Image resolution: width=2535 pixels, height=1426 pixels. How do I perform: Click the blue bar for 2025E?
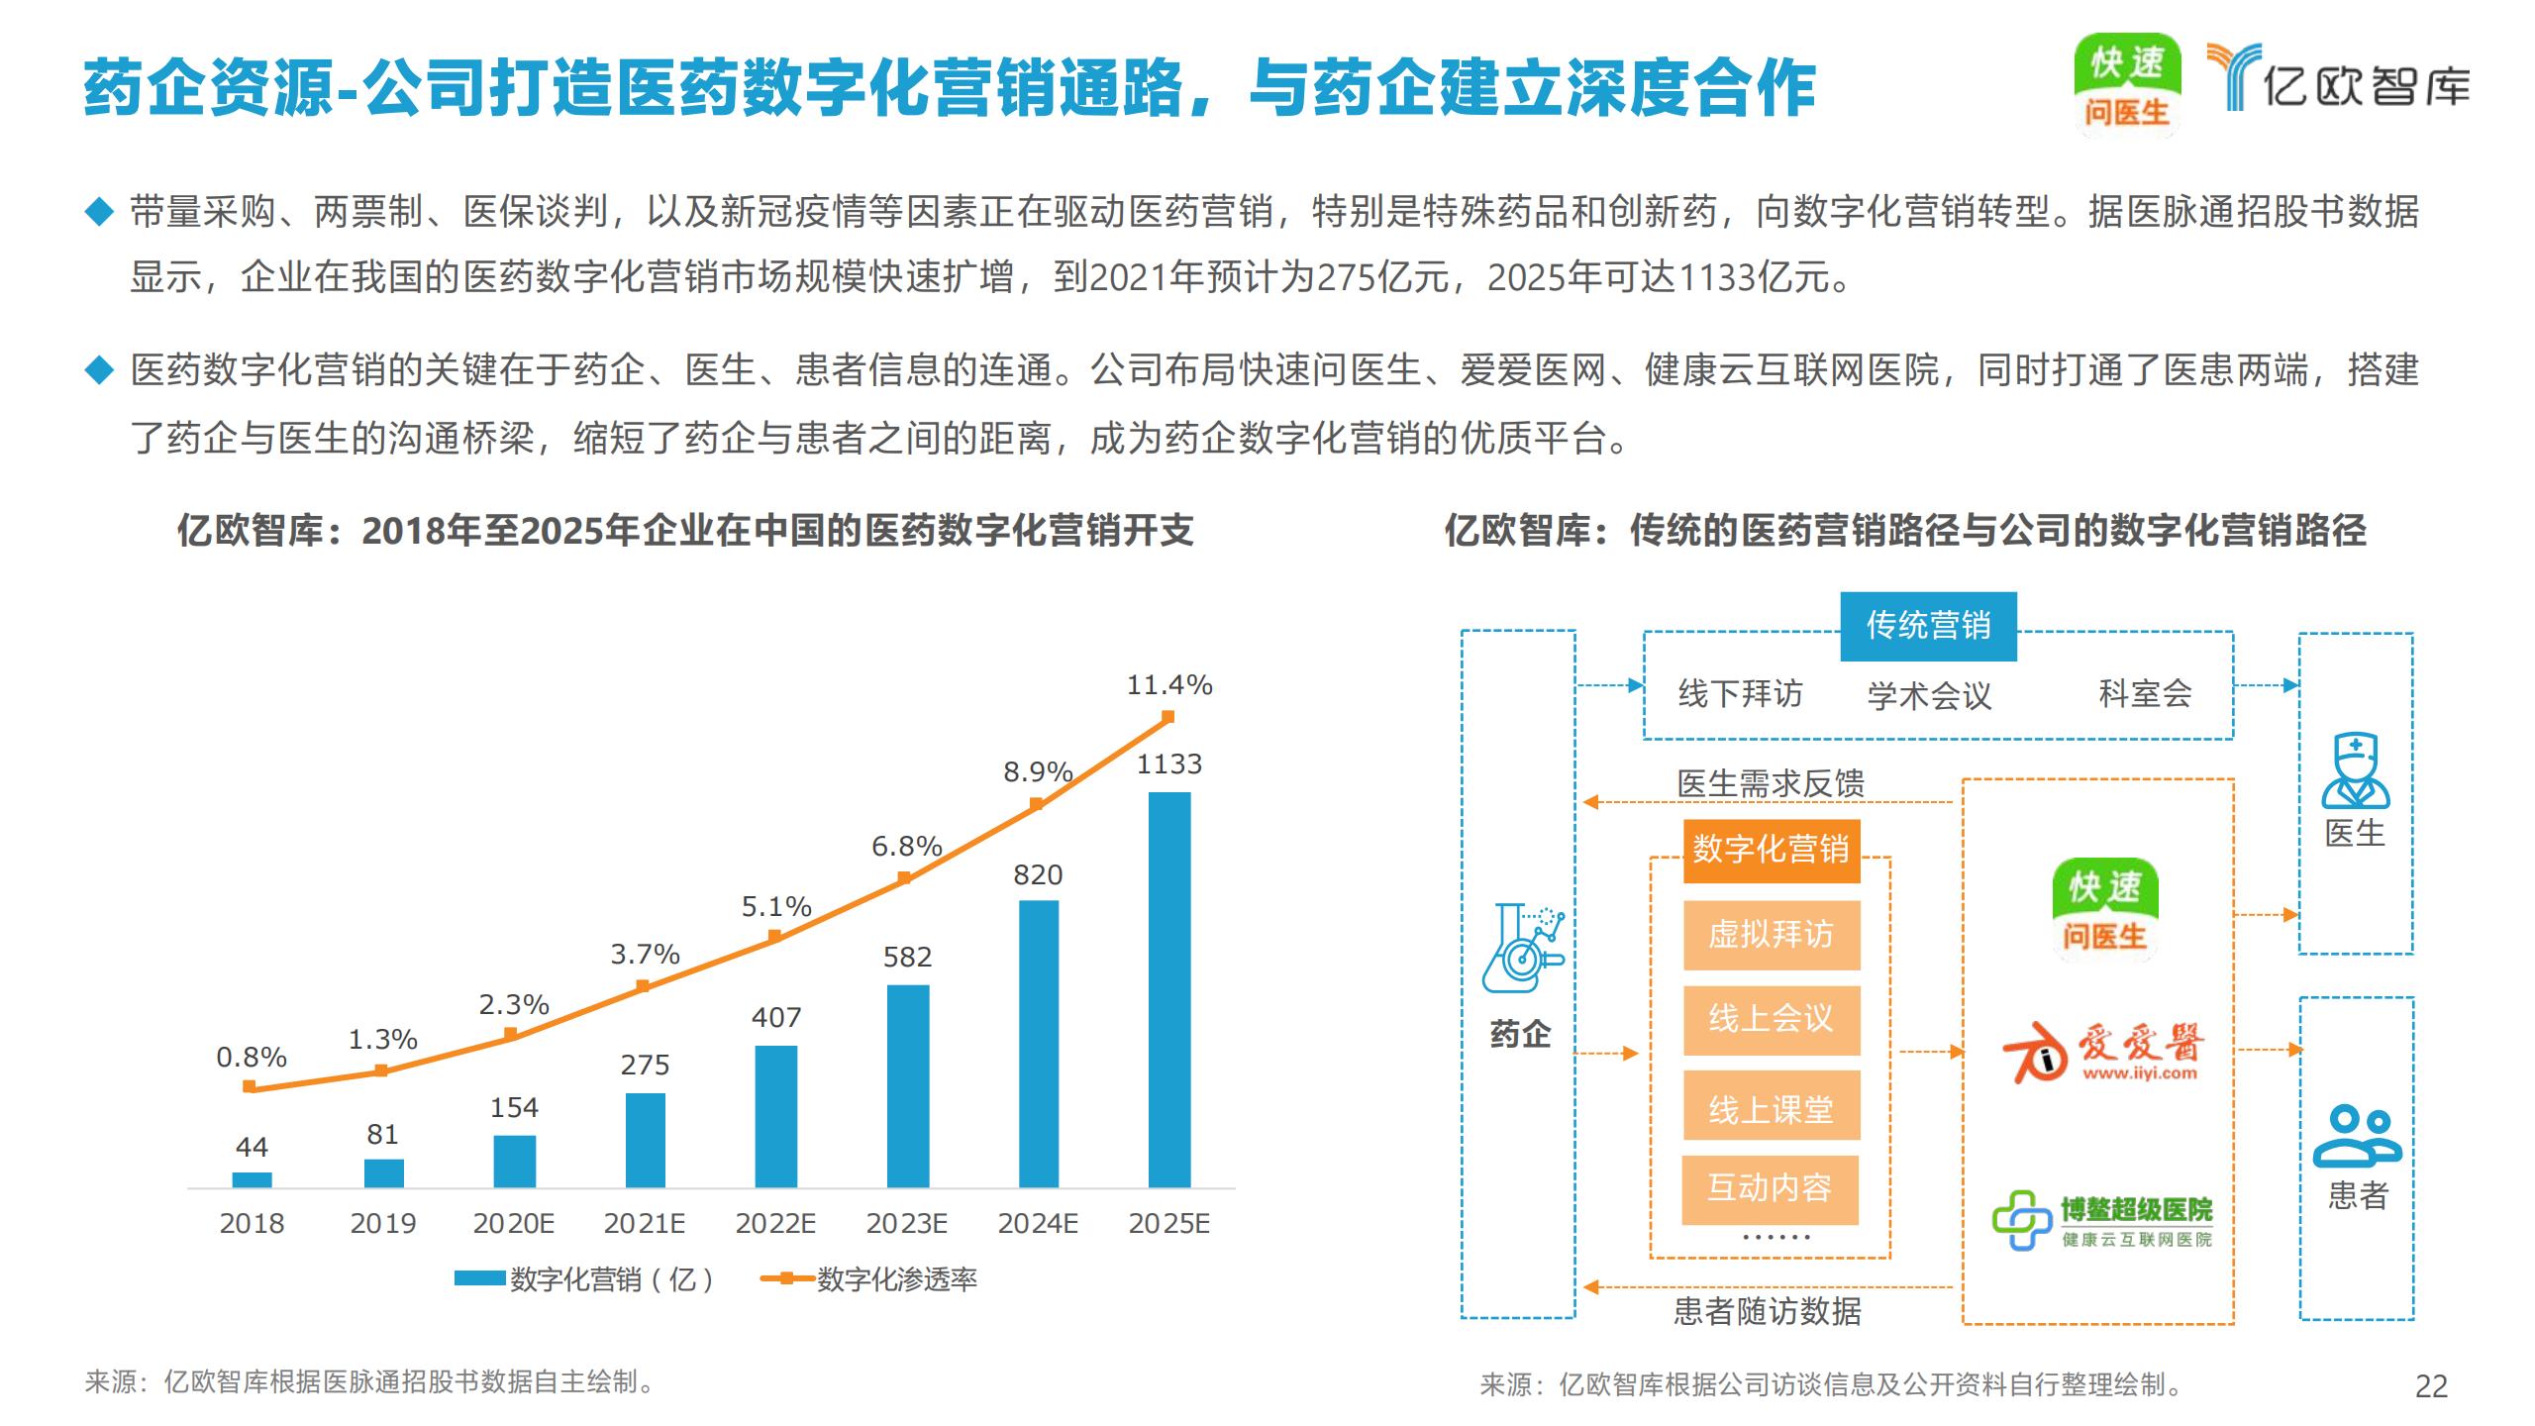click(x=1168, y=989)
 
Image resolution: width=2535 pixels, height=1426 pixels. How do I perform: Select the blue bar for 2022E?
click(x=775, y=1116)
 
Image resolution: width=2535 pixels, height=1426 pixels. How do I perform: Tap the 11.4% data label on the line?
click(x=1168, y=684)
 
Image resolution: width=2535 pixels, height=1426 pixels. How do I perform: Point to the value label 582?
click(x=907, y=957)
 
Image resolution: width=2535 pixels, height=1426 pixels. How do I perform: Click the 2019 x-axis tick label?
click(x=382, y=1224)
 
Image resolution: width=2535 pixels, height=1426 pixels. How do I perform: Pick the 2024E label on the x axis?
click(x=1038, y=1224)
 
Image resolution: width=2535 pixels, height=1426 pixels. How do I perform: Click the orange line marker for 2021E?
click(x=643, y=986)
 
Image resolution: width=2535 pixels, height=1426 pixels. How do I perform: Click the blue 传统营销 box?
click(x=1928, y=626)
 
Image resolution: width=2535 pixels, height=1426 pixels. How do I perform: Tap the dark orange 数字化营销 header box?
click(x=1771, y=850)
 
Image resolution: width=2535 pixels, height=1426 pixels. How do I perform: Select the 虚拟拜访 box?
click(x=1771, y=935)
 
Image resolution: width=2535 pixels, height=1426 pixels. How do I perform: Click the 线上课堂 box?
click(x=1771, y=1106)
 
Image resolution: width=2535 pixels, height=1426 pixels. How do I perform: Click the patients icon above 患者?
click(x=2357, y=1137)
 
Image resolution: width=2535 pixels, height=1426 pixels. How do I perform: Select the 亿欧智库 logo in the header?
click(x=2337, y=79)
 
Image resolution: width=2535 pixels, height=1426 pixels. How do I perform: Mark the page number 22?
click(x=2431, y=1386)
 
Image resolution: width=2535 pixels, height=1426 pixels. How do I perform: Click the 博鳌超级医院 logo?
click(x=2101, y=1221)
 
